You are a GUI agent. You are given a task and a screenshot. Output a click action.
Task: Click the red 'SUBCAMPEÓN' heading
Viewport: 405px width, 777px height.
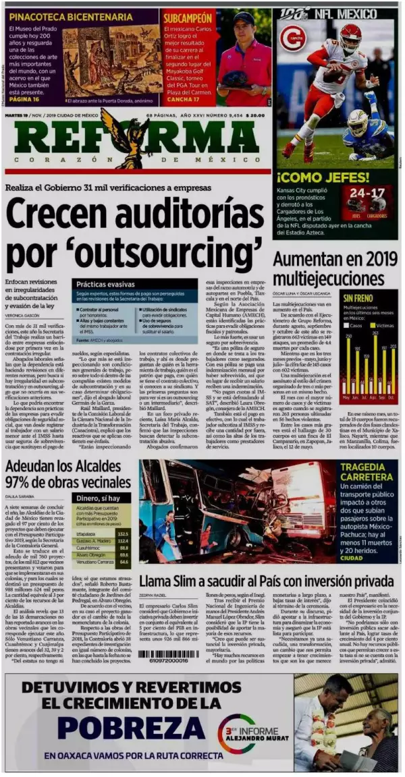tap(188, 17)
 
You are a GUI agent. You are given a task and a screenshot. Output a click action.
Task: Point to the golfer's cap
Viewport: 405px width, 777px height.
tap(244, 18)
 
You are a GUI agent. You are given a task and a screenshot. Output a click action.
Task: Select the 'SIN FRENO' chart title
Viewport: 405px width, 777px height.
tap(358, 297)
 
